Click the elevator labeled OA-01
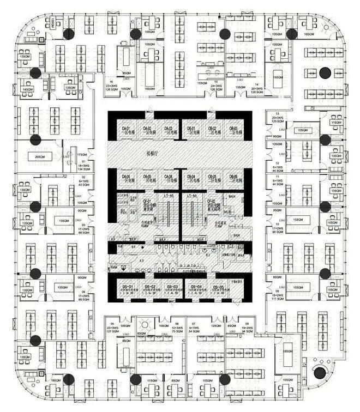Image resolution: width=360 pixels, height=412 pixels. [127, 131]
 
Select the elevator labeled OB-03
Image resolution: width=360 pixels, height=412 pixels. [232, 131]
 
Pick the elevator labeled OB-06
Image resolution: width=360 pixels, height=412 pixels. [232, 179]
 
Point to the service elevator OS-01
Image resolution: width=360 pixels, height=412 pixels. [128, 289]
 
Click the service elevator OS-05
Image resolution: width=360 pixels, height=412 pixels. [219, 289]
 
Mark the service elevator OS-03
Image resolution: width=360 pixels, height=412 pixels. [173, 289]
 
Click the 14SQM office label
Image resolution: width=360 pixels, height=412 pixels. [27, 89]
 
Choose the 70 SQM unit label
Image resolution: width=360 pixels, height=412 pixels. [177, 330]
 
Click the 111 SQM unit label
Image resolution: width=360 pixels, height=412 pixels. [278, 299]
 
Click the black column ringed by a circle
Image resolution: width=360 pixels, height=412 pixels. [320, 373]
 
